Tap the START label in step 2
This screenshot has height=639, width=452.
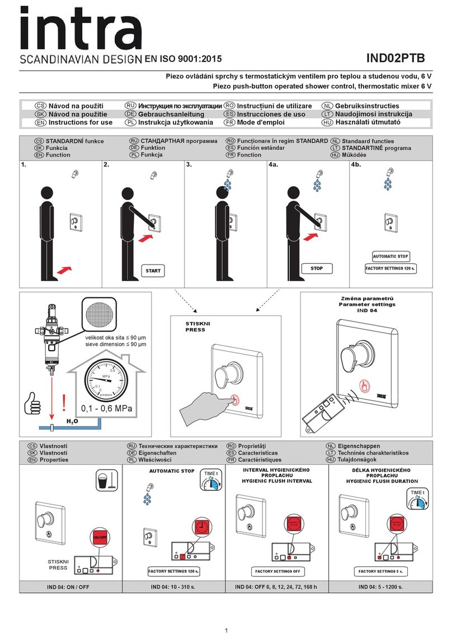pyautogui.click(x=153, y=271)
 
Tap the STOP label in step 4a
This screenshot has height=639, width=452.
pyautogui.click(x=317, y=268)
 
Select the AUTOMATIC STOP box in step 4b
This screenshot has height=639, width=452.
pyautogui.click(x=390, y=257)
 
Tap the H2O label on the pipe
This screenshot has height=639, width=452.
pyautogui.click(x=72, y=422)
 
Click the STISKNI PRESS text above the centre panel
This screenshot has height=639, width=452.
pyautogui.click(x=196, y=326)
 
